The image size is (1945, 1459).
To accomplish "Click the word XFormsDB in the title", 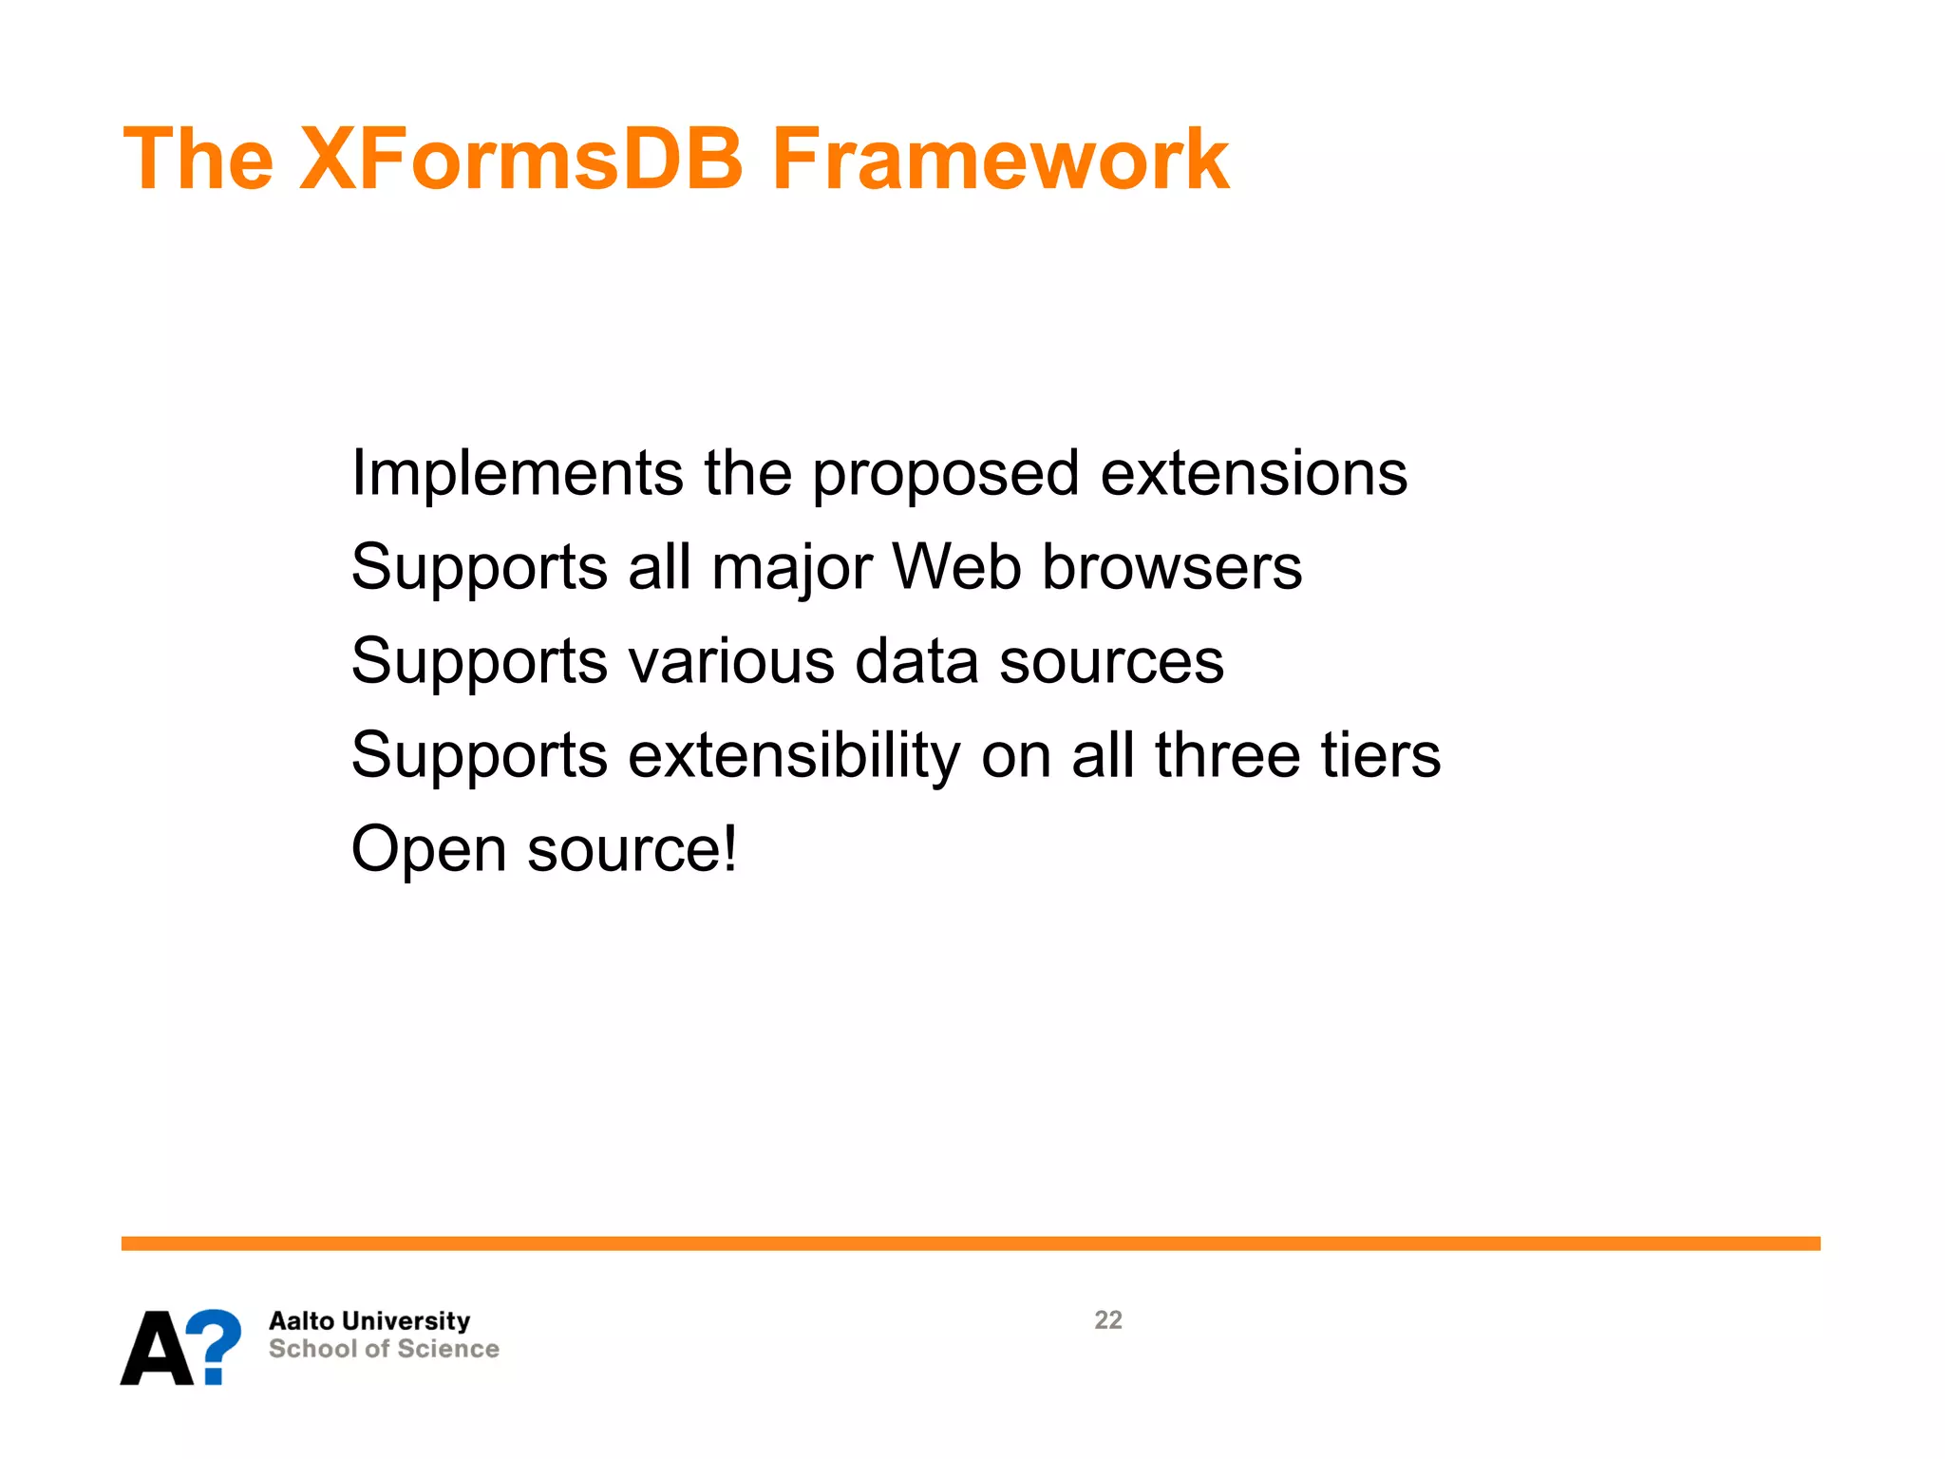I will click(x=520, y=159).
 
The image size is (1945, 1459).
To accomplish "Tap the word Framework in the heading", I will click(x=1000, y=159).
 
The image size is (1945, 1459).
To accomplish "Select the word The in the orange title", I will click(x=198, y=159).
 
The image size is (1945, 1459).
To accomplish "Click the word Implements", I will click(x=517, y=474).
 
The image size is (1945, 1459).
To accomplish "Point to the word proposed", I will click(x=945, y=474).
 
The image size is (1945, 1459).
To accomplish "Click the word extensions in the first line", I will click(x=1254, y=474).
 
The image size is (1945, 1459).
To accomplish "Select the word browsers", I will click(x=1172, y=567).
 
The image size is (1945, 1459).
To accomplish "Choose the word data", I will click(x=916, y=661).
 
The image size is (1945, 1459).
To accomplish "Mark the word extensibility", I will click(x=794, y=756).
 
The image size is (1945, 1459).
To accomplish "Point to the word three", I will click(x=1227, y=755).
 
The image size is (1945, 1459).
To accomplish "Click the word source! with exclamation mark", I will click(x=632, y=849).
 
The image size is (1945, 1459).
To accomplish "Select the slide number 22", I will click(x=1107, y=1320).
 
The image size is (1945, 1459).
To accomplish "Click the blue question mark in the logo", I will click(x=216, y=1344).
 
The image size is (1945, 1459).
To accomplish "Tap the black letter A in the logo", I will click(x=157, y=1349).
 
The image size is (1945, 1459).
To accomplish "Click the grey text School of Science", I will click(x=384, y=1350).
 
